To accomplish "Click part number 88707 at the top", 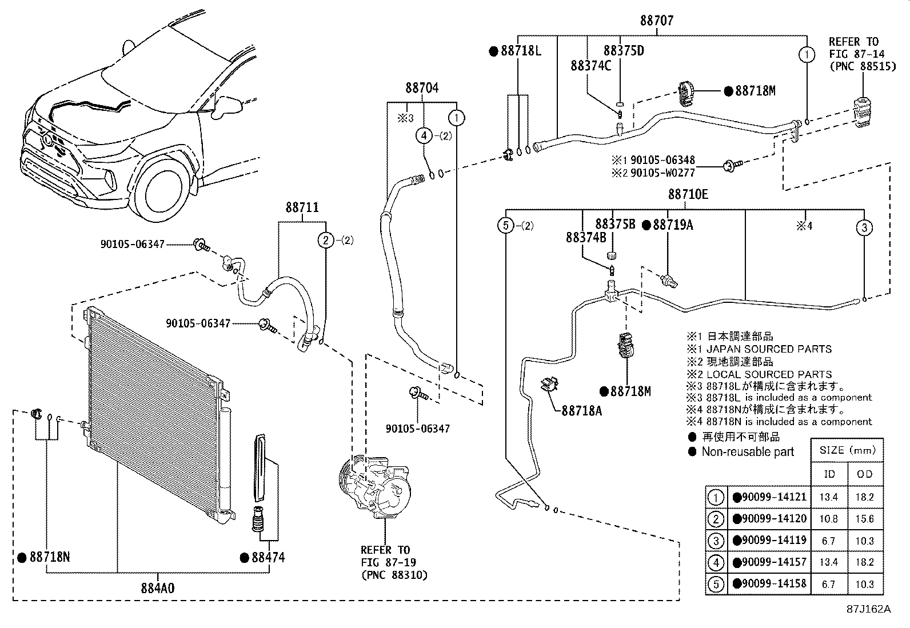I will tap(656, 21).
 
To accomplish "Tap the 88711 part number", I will tap(302, 208).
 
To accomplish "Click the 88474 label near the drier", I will tap(268, 557).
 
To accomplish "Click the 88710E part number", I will tap(688, 194).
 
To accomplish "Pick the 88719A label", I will tap(673, 225).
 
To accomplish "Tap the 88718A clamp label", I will tap(581, 410).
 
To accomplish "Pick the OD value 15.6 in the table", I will tap(864, 519).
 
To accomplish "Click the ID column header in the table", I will tap(829, 474).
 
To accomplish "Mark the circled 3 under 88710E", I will tap(864, 227).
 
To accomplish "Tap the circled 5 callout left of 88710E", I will tap(505, 226).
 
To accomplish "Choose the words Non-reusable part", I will tap(747, 452).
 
